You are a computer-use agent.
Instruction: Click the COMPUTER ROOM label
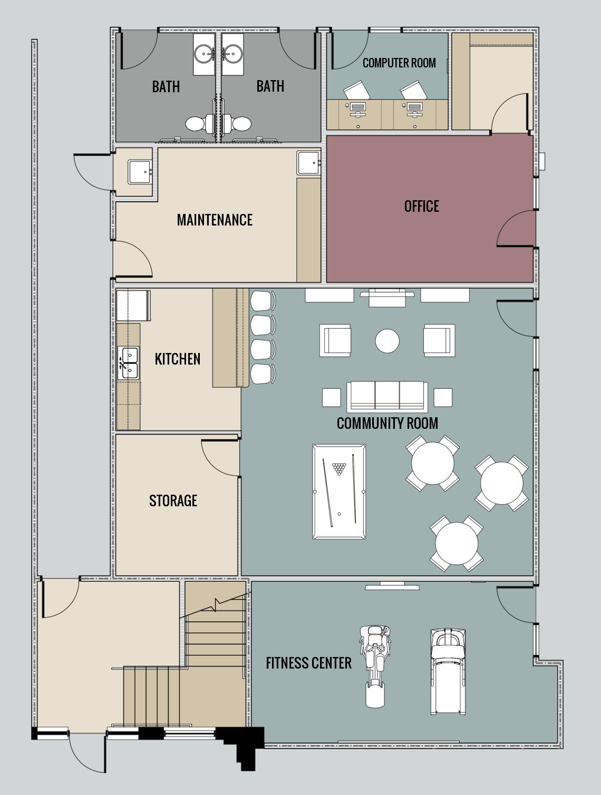point(399,63)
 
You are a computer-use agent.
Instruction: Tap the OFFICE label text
point(421,206)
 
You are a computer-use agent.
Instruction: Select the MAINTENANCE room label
point(215,220)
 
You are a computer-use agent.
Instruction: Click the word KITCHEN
point(177,359)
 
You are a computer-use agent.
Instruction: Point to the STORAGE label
point(173,500)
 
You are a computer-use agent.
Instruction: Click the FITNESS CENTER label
point(308,663)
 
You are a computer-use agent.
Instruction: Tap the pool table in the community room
point(339,492)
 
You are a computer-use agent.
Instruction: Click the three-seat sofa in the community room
point(387,396)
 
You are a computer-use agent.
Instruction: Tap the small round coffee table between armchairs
point(387,341)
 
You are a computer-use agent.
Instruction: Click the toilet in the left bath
point(196,124)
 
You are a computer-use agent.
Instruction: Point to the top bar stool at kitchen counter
point(262,301)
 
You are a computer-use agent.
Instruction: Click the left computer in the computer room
point(357,108)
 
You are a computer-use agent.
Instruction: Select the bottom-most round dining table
point(457,543)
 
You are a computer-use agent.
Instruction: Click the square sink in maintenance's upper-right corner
point(308,163)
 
